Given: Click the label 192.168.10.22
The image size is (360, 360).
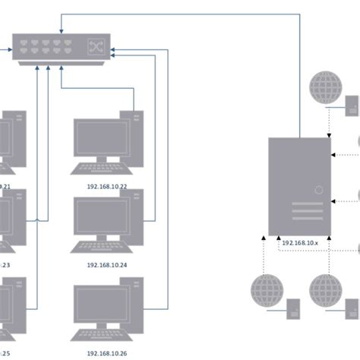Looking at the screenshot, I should coord(106,185).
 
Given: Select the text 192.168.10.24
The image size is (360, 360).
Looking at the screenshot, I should coord(106,265).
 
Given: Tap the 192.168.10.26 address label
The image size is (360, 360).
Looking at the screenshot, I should coord(106,353).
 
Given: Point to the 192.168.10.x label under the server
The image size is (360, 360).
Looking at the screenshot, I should coord(298,242).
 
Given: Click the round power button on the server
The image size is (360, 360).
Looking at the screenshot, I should coord(320,190).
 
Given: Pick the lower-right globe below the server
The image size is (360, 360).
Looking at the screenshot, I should coord(326,290).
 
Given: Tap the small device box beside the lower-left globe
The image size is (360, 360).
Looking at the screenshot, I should coord(293,308).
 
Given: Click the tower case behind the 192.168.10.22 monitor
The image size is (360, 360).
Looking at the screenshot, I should coord(136,129).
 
